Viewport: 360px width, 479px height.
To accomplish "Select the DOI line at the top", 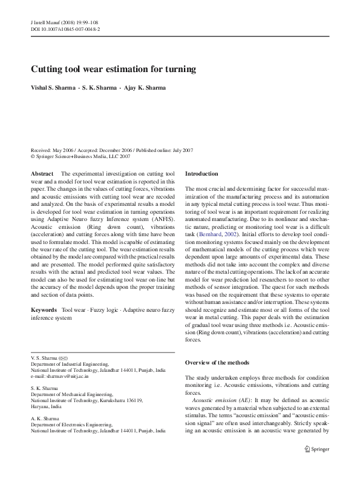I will pyautogui.click(x=65, y=28).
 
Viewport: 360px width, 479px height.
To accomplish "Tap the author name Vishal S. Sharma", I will pyautogui.click(x=55, y=87).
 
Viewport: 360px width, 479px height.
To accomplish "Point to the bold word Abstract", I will pyautogui.click(x=42, y=174).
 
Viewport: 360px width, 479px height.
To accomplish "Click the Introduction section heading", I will pyautogui.click(x=201, y=174).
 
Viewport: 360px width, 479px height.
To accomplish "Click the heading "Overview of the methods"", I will pyautogui.click(x=217, y=362).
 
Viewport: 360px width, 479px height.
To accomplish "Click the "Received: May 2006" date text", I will pyautogui.click(x=51, y=149).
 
